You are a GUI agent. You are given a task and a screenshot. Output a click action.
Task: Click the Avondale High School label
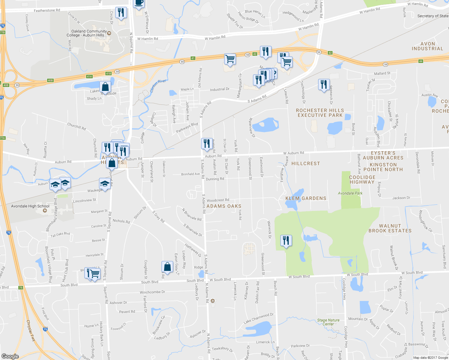(30, 206)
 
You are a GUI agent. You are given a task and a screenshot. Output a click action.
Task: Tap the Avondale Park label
(350, 193)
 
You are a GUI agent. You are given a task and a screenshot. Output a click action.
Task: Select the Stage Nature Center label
(328, 322)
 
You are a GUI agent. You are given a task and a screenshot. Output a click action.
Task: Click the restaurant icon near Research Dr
(324, 85)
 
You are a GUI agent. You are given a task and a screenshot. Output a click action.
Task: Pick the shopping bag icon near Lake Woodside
(105, 87)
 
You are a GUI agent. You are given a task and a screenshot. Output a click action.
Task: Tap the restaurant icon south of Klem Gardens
(286, 241)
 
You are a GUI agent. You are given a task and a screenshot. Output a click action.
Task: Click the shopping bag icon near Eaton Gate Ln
(167, 266)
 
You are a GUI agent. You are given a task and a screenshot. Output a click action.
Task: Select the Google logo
(10, 356)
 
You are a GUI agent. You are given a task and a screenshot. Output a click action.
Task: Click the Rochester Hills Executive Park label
(320, 113)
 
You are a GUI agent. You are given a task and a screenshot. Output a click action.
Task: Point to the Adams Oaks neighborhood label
(224, 206)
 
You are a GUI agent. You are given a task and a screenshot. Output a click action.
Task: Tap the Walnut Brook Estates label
(390, 228)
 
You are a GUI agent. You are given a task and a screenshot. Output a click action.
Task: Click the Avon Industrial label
(427, 46)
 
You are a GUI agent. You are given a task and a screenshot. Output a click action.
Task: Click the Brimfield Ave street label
(190, 174)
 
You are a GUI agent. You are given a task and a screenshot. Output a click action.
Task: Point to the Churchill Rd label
(77, 126)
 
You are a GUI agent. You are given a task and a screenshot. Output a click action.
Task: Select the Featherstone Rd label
(47, 10)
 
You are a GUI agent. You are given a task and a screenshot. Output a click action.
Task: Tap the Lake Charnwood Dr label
(258, 318)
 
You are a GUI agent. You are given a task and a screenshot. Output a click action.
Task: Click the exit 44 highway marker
(420, 61)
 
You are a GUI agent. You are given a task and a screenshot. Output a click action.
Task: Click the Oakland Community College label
(87, 33)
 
